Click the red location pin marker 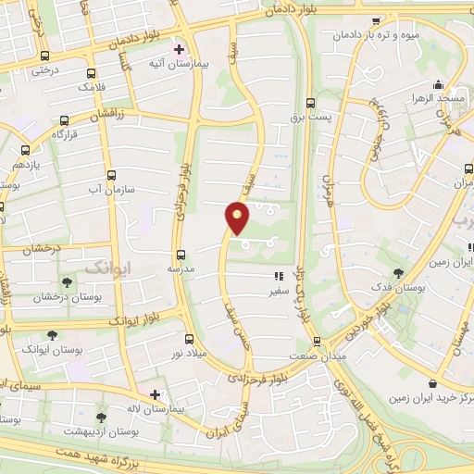click(x=238, y=219)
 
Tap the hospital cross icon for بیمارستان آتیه click(x=179, y=49)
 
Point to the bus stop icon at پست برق click(x=310, y=105)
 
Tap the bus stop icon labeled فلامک click(x=90, y=73)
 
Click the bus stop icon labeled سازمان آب click(x=112, y=175)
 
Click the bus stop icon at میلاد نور click(x=190, y=339)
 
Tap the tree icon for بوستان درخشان click(x=66, y=283)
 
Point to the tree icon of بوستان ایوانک click(x=51, y=335)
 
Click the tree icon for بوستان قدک click(x=398, y=274)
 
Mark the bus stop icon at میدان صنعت click(x=315, y=341)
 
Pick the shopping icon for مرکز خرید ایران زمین click(x=432, y=383)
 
